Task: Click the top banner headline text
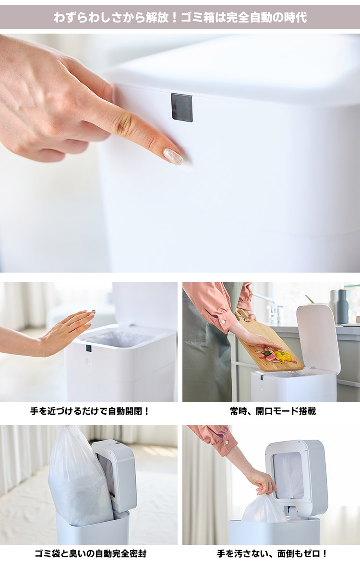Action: click(x=180, y=18)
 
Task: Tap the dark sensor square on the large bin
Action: click(x=182, y=107)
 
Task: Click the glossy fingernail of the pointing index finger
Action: click(x=173, y=156)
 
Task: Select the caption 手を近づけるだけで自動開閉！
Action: click(x=90, y=411)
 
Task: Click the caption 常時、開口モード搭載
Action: click(x=273, y=411)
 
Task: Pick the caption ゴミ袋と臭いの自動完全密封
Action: click(x=90, y=553)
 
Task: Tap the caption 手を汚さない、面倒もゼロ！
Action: click(x=272, y=553)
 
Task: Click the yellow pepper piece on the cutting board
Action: click(x=283, y=356)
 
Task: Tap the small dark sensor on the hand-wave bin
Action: click(x=88, y=348)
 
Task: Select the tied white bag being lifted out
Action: click(x=264, y=510)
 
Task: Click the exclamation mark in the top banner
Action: click(x=174, y=18)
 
